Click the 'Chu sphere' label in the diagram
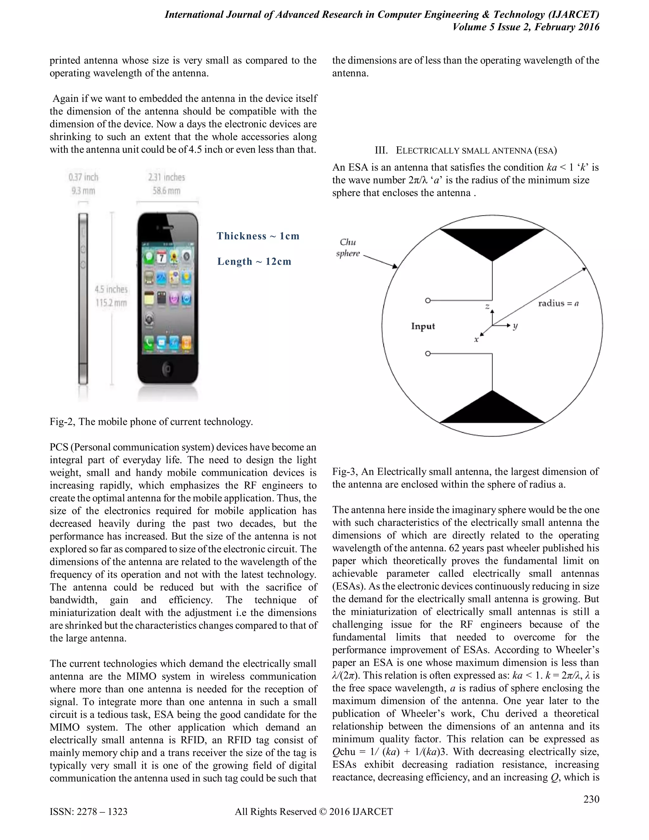(x=348, y=248)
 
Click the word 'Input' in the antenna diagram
(x=423, y=326)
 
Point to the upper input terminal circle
(x=427, y=300)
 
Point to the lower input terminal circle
(x=427, y=353)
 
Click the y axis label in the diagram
(x=515, y=326)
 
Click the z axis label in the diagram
(x=487, y=307)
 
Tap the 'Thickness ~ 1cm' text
(x=258, y=236)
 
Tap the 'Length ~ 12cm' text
(x=254, y=262)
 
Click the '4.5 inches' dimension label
(x=111, y=289)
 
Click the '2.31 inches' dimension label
(x=166, y=177)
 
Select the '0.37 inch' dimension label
(x=83, y=177)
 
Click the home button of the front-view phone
(x=168, y=370)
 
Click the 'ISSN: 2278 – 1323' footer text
(x=88, y=811)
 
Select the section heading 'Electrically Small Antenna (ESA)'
(x=466, y=150)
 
